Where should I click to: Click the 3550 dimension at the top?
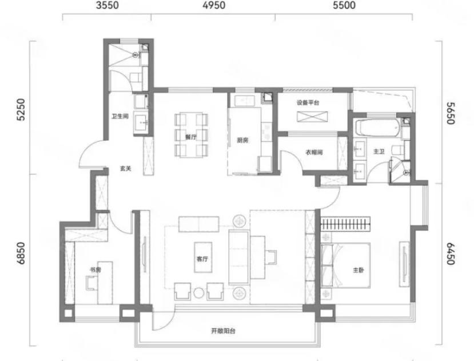click(107, 6)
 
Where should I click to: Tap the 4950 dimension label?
click(214, 6)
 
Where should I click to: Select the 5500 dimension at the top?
click(344, 6)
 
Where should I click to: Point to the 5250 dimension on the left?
click(21, 109)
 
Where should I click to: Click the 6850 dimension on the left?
click(21, 253)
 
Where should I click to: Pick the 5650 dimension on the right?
click(451, 113)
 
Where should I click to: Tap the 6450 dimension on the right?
click(451, 253)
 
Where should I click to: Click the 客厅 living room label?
click(202, 259)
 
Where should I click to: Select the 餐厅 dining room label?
click(191, 137)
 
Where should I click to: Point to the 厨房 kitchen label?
click(242, 140)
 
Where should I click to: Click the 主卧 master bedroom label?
click(359, 270)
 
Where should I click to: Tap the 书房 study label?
click(95, 270)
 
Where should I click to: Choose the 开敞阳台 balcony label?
click(223, 331)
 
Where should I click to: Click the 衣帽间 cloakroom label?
click(314, 152)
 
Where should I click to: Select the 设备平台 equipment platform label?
click(308, 102)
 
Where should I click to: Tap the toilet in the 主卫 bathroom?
click(398, 150)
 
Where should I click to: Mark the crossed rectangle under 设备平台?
click(312, 117)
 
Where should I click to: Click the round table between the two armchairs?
click(198, 292)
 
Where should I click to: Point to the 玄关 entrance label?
click(125, 169)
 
